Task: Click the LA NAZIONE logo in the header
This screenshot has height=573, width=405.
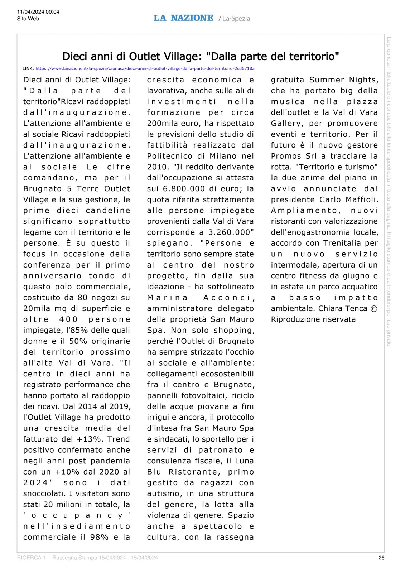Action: (183, 18)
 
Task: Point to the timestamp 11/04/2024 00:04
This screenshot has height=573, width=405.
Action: (38, 12)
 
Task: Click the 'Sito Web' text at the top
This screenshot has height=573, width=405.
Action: (28, 19)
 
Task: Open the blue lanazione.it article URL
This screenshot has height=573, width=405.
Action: (145, 68)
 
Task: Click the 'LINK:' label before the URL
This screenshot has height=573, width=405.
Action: (28, 68)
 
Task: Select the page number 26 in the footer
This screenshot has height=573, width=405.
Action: (381, 558)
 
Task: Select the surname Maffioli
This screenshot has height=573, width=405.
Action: (362, 199)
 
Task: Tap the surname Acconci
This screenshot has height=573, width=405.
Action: (229, 298)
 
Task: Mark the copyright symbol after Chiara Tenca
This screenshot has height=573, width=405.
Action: (374, 309)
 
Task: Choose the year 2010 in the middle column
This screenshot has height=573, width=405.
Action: (156, 167)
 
